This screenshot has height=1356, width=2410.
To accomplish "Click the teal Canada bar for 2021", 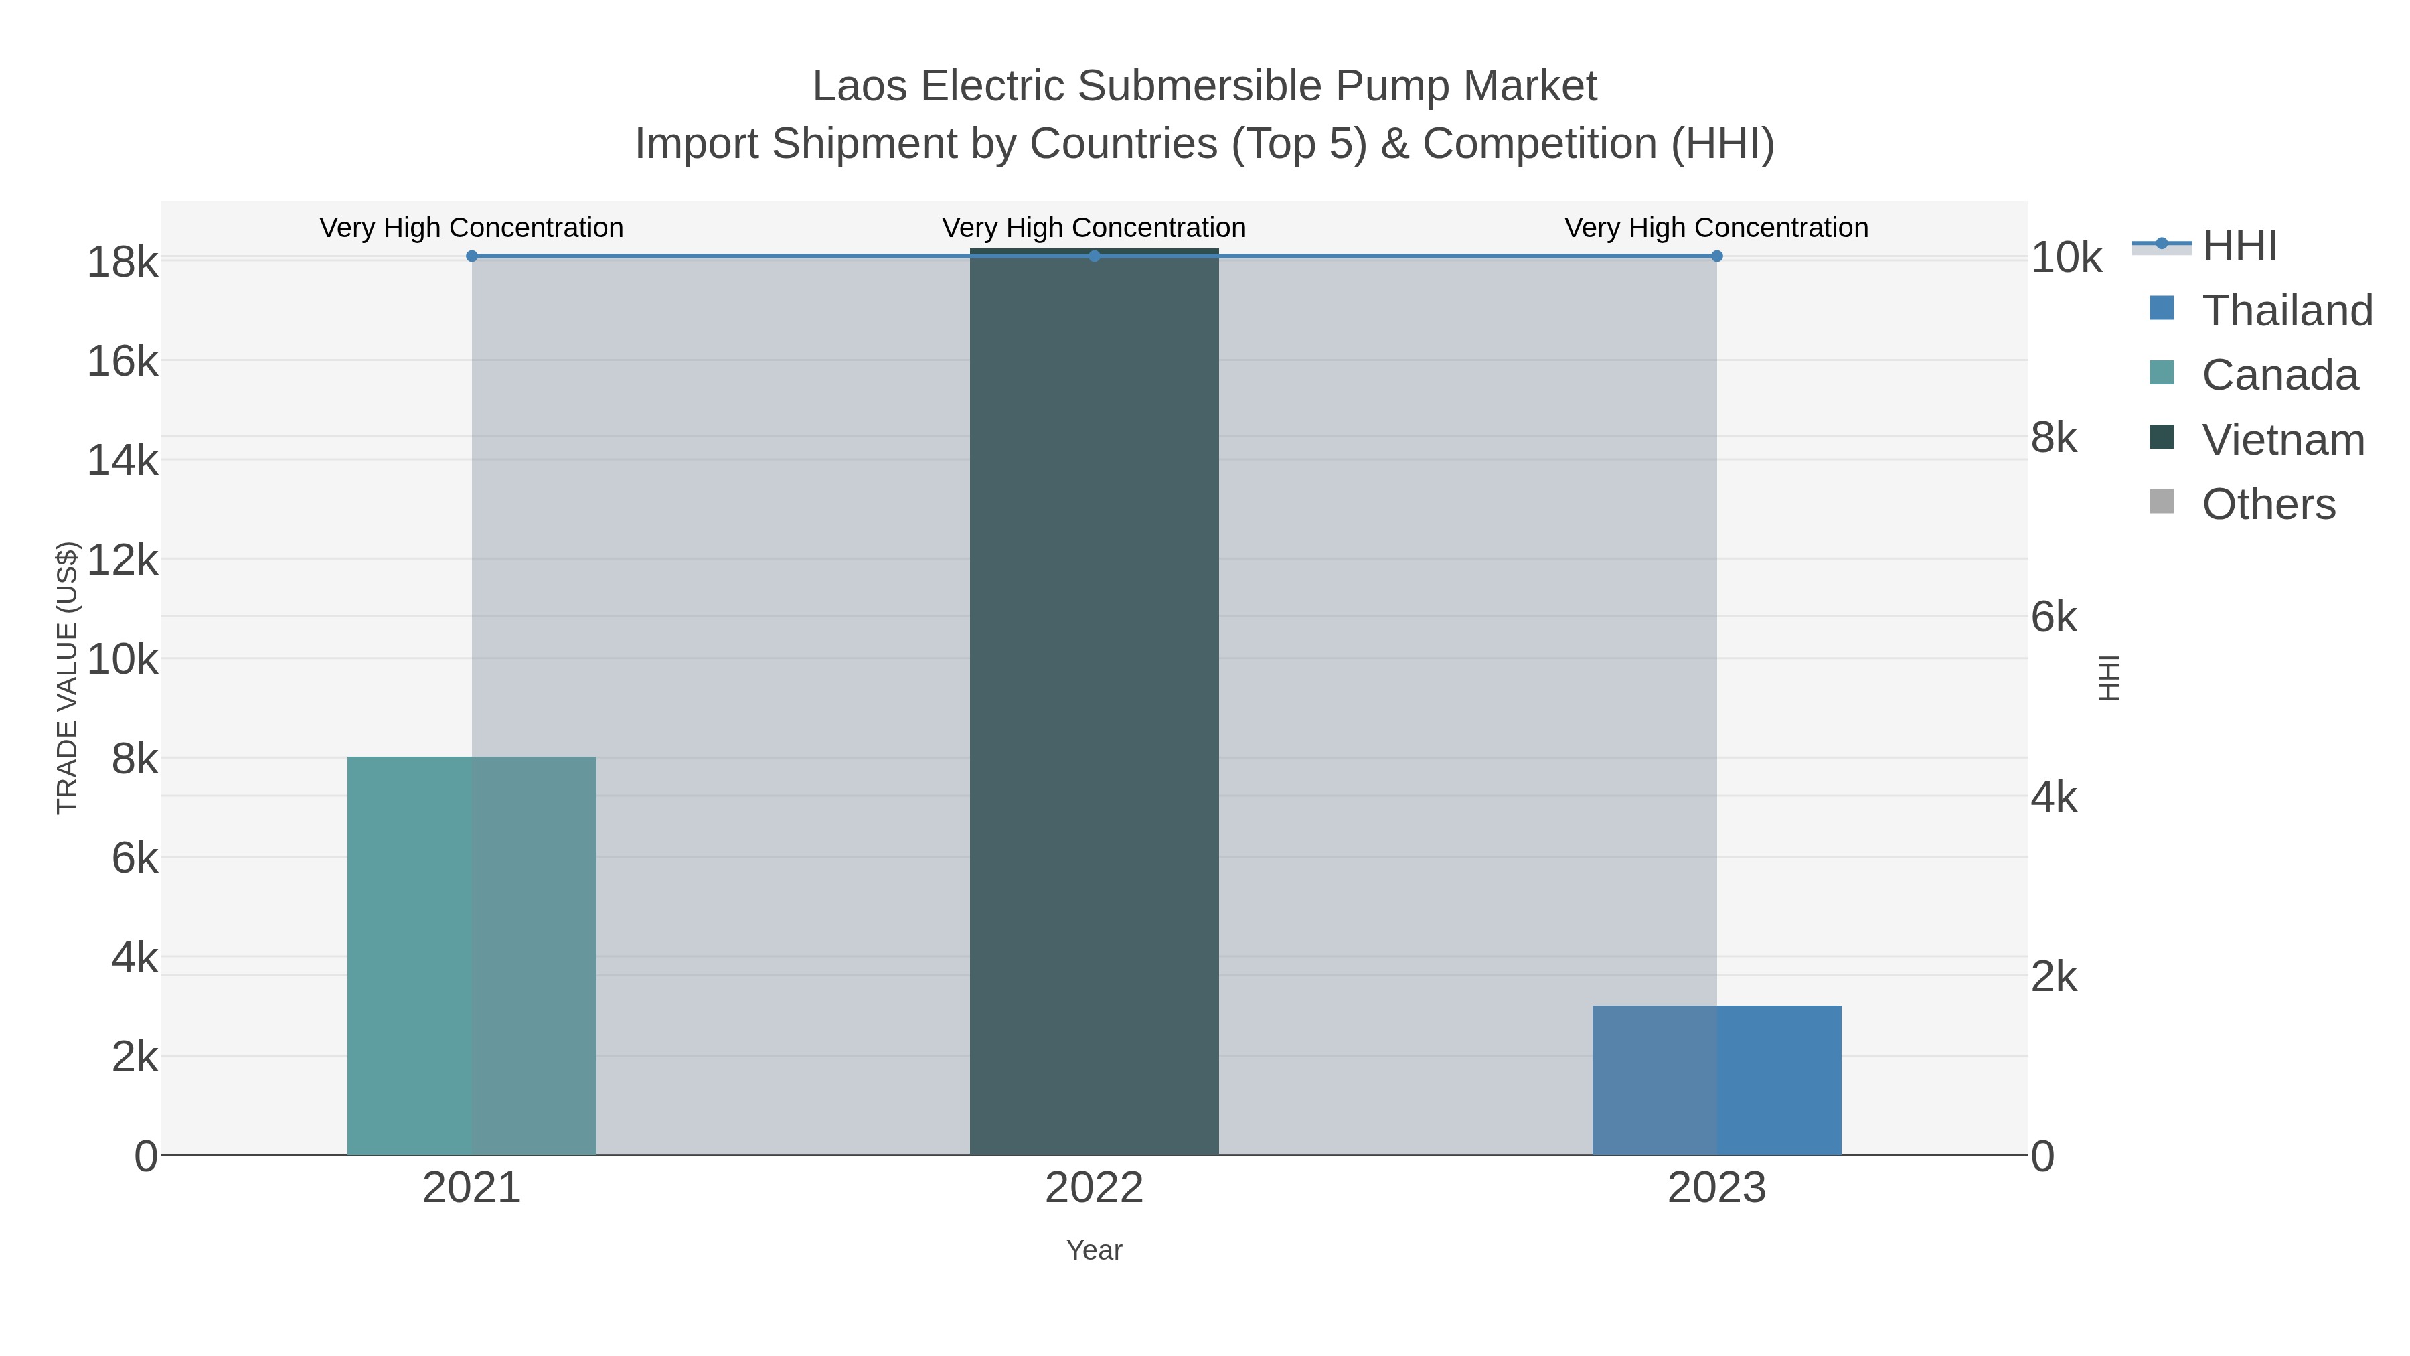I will [x=471, y=954].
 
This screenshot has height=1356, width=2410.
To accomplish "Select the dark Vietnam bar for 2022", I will [x=1094, y=702].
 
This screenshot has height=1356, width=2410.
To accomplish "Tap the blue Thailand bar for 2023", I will [x=1716, y=1080].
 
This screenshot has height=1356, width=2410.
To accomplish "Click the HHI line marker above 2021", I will [x=471, y=256].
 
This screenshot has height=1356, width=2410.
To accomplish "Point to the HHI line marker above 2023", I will [x=1716, y=256].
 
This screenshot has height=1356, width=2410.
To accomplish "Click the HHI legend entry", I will [x=2239, y=246].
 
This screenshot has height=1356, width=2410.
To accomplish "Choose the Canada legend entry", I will [x=2279, y=375].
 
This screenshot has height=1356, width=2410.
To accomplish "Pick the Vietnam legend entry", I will [x=2283, y=440].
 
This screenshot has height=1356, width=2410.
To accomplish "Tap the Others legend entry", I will [x=2268, y=504].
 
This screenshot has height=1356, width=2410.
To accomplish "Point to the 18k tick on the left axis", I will [x=123, y=262].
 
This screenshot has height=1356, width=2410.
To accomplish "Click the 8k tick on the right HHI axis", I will [x=2055, y=438].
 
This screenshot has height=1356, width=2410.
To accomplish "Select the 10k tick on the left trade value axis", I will [x=123, y=660].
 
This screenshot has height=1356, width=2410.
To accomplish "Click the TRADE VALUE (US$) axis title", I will [x=68, y=678].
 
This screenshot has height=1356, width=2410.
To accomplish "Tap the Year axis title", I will [x=1094, y=1250].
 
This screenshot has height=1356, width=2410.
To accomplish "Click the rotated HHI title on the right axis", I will [x=2109, y=678].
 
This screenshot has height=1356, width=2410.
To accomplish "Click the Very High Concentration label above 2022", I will [x=1094, y=228].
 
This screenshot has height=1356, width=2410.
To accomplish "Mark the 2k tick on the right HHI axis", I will [x=2055, y=978].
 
